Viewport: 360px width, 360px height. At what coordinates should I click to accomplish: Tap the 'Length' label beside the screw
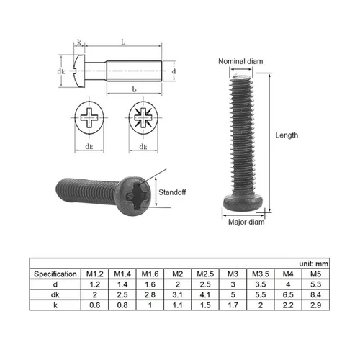[289, 135]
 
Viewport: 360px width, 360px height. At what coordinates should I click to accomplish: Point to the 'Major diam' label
[246, 222]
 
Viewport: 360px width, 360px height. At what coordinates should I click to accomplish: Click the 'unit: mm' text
[314, 264]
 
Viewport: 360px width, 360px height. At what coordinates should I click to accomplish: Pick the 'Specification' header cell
[55, 274]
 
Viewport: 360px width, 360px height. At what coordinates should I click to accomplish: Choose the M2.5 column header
[207, 274]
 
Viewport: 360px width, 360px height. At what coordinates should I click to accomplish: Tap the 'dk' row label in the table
[55, 294]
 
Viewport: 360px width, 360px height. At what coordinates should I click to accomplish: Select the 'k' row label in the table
[55, 305]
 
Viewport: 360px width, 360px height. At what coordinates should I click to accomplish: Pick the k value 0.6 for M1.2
[94, 305]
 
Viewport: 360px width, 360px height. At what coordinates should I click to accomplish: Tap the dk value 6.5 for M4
[289, 294]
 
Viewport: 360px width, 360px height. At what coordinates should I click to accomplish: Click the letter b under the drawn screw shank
[135, 90]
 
